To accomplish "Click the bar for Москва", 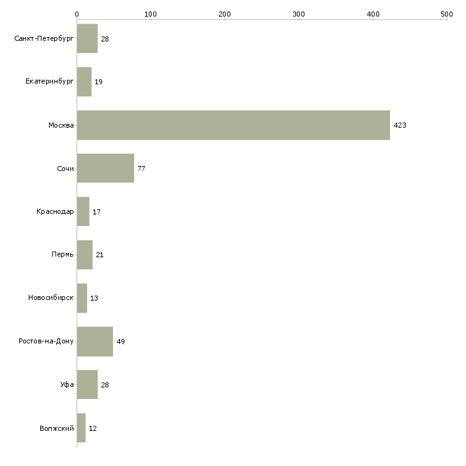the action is pos(233,125).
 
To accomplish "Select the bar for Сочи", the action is pos(105,169).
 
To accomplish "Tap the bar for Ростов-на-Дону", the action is pos(95,342).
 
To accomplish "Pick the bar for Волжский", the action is pos(81,428).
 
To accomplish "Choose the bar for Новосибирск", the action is pos(82,298).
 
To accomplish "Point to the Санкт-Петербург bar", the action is pos(87,38).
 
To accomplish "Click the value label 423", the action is pos(400,125).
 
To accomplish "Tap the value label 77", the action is pos(141,169).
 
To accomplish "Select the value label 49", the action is pos(121,342).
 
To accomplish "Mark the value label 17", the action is pos(96,212).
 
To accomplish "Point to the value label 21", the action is pos(100,255).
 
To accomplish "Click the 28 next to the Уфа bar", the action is pos(105,385).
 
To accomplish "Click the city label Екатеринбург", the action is pos(49,82).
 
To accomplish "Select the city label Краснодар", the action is pos(55,211).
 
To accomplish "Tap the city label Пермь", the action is pos(63,255).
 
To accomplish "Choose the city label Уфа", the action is pos(67,384).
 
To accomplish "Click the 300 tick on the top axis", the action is pos(299,14).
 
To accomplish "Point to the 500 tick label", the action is pos(447,14).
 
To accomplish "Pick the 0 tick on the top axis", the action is pos(77,14).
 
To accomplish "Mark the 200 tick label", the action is pos(225,14).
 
